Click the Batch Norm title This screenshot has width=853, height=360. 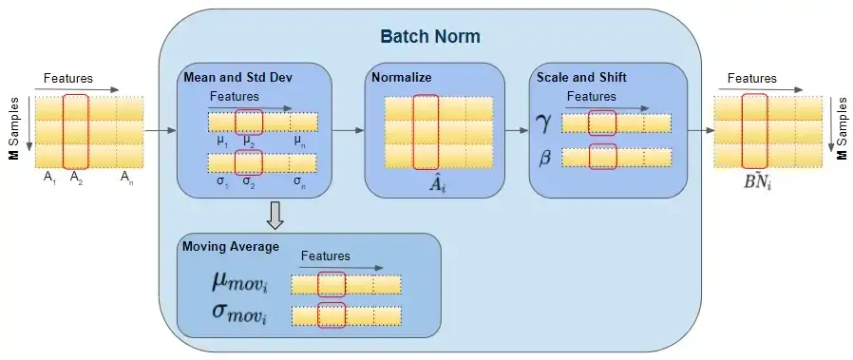pyautogui.click(x=430, y=37)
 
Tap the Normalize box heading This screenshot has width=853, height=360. pyautogui.click(x=403, y=78)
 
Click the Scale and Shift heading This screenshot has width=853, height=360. pyautogui.click(x=580, y=78)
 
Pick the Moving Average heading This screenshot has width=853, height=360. pyautogui.click(x=230, y=247)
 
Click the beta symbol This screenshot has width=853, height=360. pyautogui.click(x=545, y=159)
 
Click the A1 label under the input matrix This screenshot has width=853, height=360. pyautogui.click(x=49, y=177)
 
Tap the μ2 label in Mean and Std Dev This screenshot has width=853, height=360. pyautogui.click(x=249, y=141)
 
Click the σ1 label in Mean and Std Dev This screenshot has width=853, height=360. pyautogui.click(x=220, y=179)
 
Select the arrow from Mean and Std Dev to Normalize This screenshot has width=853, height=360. pyautogui.click(x=349, y=130)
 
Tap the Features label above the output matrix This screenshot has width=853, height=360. pyautogui.click(x=751, y=79)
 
